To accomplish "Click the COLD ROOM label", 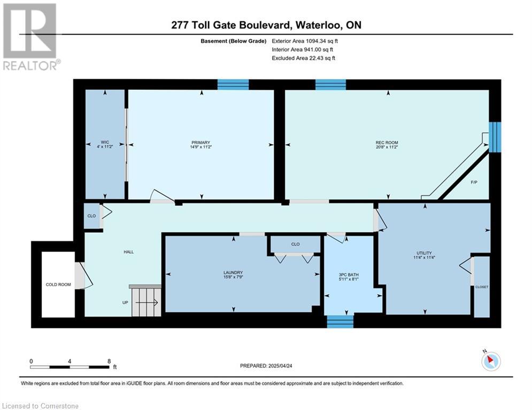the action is (x=58, y=285).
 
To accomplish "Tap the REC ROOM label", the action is (x=387, y=143).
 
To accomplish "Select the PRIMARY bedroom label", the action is (x=201, y=143).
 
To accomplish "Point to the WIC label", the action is (x=105, y=143).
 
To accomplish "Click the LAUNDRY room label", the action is (x=233, y=272).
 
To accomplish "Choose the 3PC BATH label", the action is (x=349, y=275).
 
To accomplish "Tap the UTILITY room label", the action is (x=424, y=253).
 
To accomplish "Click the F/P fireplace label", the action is (x=474, y=182).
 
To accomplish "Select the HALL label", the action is (x=129, y=252).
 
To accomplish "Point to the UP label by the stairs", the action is (x=125, y=302).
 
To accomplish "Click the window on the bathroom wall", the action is (x=340, y=321).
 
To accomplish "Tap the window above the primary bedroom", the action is (x=233, y=84).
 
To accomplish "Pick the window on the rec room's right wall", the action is (x=495, y=137).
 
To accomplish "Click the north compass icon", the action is (x=491, y=361).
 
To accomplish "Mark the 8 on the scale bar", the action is (x=109, y=361).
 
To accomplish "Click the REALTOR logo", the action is (x=32, y=37).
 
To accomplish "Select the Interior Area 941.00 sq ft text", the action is (x=302, y=50).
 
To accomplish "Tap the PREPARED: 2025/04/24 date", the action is (x=266, y=366).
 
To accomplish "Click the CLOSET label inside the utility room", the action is (x=482, y=287).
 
